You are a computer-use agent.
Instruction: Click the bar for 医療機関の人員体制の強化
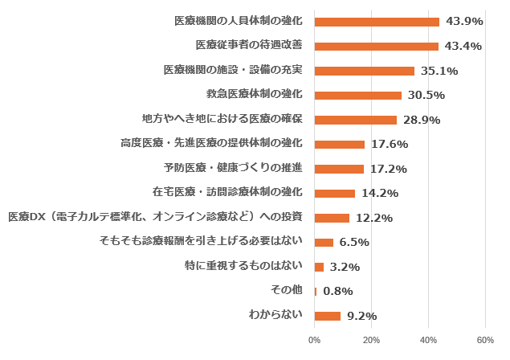click(377, 22)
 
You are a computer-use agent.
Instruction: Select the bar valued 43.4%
click(376, 46)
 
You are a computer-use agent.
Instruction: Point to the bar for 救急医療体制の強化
click(357, 95)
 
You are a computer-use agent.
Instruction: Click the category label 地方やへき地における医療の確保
click(222, 119)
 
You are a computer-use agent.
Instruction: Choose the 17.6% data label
click(389, 145)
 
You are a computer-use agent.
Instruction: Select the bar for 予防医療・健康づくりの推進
click(339, 169)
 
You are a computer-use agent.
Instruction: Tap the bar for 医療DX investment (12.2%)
click(332, 218)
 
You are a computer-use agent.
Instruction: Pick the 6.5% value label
click(354, 243)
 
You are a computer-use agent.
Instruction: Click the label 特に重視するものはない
click(243, 265)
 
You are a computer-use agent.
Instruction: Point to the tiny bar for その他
click(316, 292)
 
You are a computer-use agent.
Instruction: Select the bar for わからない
click(328, 316)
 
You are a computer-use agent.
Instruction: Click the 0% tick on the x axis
click(315, 340)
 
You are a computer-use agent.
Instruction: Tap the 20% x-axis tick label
click(371, 340)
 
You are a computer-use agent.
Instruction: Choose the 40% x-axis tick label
click(428, 340)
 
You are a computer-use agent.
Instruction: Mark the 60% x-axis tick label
click(485, 340)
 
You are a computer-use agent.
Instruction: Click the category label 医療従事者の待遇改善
click(249, 45)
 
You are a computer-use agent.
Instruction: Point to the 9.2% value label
click(361, 317)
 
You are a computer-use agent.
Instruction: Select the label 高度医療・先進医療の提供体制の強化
click(211, 143)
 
